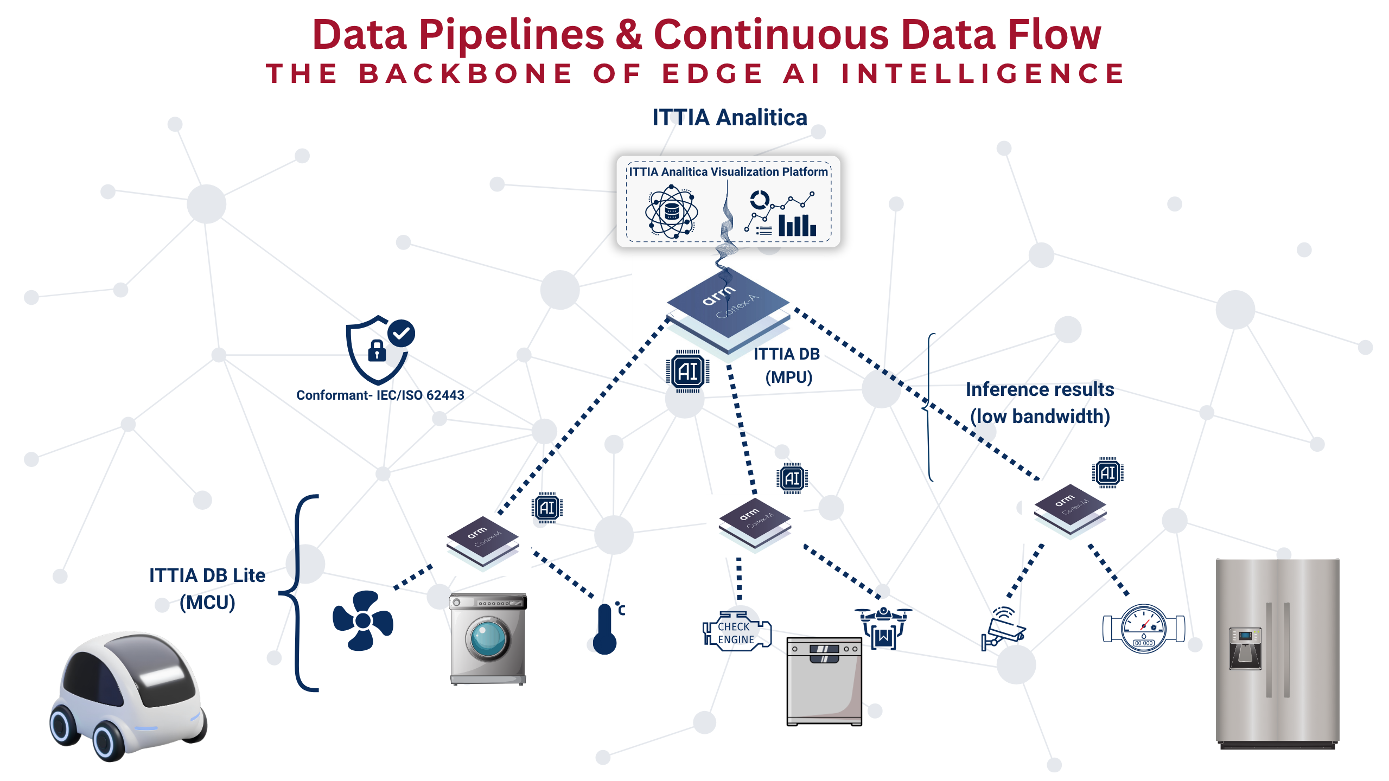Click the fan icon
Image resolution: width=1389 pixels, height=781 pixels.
point(362,620)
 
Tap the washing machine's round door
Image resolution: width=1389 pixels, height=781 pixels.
point(488,639)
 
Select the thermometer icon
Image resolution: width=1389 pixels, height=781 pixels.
point(606,629)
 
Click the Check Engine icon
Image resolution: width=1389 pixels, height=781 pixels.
point(736,632)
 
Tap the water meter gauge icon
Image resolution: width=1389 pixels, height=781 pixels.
point(1144,629)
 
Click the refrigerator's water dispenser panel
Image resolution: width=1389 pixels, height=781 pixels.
point(1245,649)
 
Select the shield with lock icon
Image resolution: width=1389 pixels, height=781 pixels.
point(378,350)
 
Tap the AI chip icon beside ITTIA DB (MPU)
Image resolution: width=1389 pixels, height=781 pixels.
point(687,372)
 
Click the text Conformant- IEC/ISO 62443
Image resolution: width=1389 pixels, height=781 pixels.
point(380,395)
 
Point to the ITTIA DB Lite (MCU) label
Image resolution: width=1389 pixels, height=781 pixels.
point(207,588)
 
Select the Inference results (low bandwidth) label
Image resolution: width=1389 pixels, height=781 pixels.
point(1040,403)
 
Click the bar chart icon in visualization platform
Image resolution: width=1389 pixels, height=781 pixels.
point(797,225)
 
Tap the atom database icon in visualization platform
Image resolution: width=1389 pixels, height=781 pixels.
point(671,212)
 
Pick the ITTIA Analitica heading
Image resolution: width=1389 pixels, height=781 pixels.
point(729,118)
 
